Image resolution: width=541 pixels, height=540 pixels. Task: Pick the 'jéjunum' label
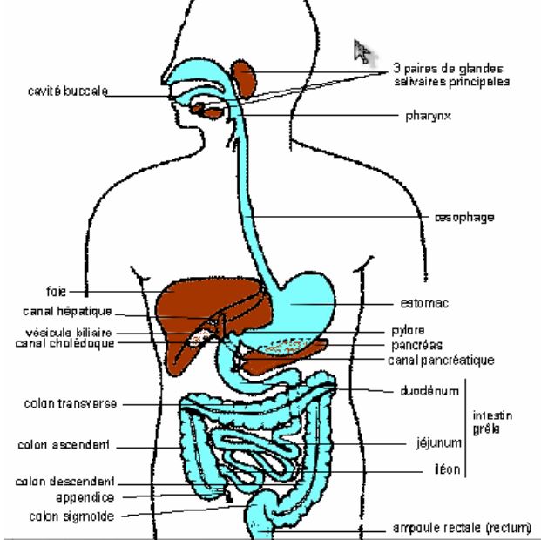pyautogui.click(x=436, y=442)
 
